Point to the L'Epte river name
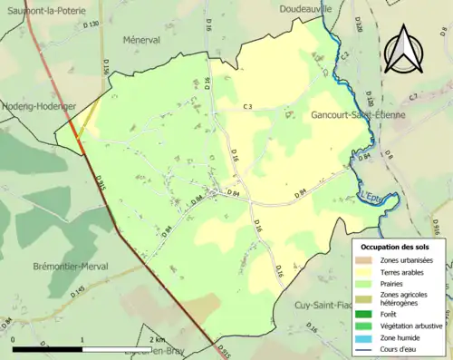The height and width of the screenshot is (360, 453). pyautogui.click(x=371, y=194)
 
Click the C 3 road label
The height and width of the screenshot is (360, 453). pyautogui.click(x=246, y=107)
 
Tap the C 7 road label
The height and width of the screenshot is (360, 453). pyautogui.click(x=413, y=96)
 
